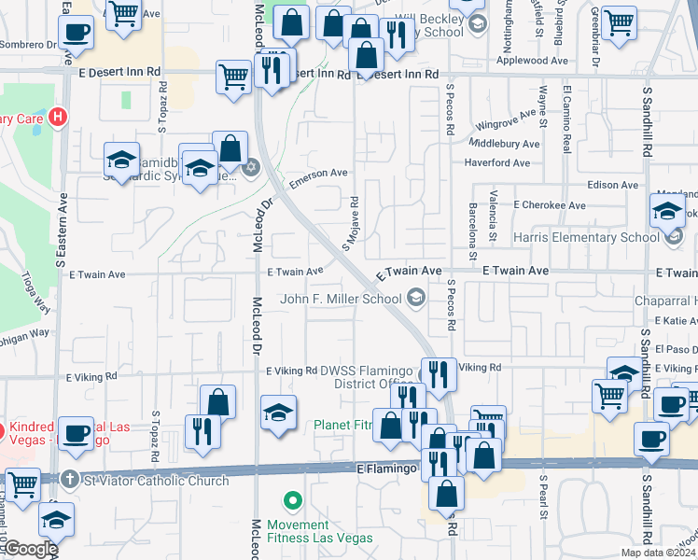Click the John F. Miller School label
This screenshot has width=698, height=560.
click(342, 300)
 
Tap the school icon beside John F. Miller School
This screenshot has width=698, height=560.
click(416, 300)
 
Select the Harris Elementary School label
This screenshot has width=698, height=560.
click(586, 237)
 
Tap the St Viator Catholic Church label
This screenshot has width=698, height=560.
click(157, 481)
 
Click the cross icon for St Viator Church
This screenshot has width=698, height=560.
click(70, 481)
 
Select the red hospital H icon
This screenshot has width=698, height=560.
click(59, 119)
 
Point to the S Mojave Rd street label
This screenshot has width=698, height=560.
click(352, 224)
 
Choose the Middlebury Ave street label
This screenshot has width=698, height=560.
click(504, 145)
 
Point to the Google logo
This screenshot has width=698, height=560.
click(30, 549)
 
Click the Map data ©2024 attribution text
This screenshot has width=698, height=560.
click(659, 553)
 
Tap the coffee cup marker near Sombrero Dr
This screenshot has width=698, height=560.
click(76, 32)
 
